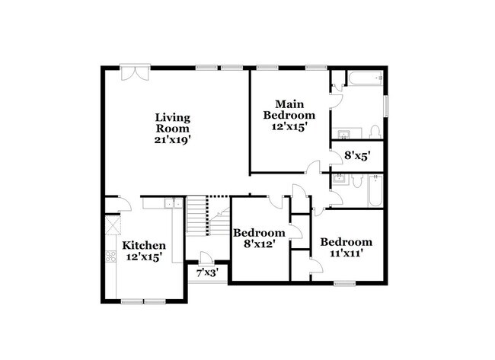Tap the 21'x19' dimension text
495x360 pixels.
[x=172, y=139]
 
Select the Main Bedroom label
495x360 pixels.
[x=289, y=110]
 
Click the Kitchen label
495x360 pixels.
[x=144, y=245]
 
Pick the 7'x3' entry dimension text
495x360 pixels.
[x=207, y=272]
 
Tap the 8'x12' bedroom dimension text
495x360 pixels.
[x=259, y=244]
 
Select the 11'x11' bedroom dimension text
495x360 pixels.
[x=346, y=253]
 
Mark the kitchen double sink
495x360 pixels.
[x=172, y=203]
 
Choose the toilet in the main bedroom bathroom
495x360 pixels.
[x=375, y=130]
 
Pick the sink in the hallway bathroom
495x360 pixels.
[x=341, y=180]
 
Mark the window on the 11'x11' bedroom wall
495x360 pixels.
[x=345, y=285]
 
